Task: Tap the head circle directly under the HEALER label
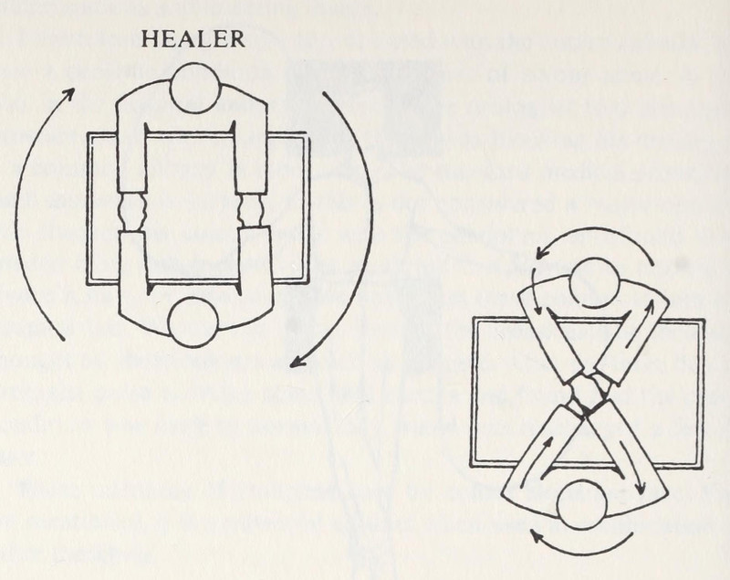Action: coord(194,88)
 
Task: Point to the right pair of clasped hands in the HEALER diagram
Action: coord(249,211)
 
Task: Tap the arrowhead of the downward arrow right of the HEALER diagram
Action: coord(297,364)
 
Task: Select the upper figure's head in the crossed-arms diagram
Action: coord(594,281)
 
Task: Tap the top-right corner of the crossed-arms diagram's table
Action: coord(704,321)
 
